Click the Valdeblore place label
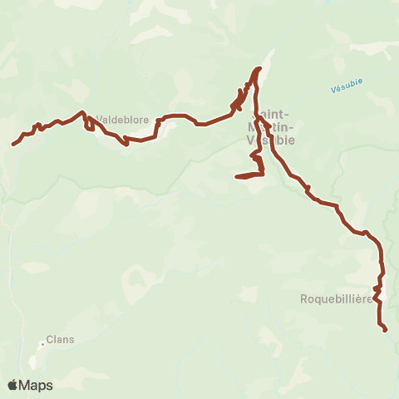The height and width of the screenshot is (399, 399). [x=122, y=120]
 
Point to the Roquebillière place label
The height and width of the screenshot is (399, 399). [x=337, y=298]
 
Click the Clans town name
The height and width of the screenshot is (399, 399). [x=60, y=340]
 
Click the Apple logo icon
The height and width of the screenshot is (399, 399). [x=12, y=385]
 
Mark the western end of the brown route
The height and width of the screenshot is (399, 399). [x=13, y=145]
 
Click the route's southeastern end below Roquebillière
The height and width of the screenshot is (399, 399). [x=386, y=331]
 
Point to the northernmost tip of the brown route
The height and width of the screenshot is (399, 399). [x=261, y=68]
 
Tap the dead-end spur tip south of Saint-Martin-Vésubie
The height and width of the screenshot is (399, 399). [x=237, y=176]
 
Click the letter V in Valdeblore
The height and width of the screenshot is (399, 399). [x=100, y=120]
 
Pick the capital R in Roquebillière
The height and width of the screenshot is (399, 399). [x=304, y=298]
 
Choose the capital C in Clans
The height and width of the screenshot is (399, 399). [x=50, y=340]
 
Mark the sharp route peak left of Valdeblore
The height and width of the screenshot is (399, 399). [x=81, y=111]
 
